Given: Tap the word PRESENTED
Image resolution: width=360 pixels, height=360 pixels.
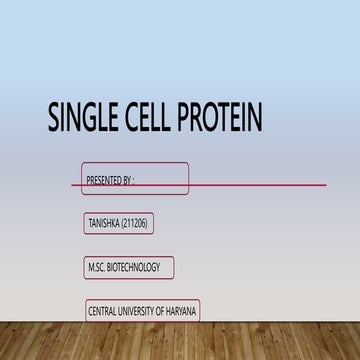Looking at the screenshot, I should [105, 181].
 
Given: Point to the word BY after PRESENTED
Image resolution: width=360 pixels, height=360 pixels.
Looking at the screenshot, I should [127, 181].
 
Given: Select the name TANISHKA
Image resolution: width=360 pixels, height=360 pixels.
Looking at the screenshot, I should [102, 224].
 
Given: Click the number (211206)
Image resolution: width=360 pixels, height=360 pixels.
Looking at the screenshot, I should [134, 224].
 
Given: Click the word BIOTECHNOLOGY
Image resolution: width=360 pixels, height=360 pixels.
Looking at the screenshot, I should [139, 268].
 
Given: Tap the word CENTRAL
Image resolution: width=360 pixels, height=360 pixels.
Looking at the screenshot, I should [103, 312].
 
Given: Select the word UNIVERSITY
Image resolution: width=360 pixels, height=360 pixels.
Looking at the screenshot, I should [138, 312].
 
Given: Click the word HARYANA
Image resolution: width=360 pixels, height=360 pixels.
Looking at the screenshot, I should [182, 312].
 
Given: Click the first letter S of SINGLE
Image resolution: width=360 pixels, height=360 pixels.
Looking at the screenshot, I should [54, 119].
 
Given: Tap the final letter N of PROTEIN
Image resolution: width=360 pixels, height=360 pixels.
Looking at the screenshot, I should [256, 119].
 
